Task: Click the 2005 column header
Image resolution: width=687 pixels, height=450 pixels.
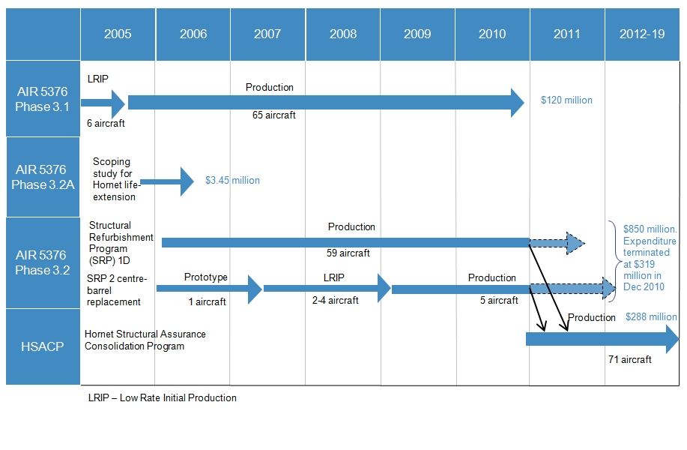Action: pyautogui.click(x=118, y=34)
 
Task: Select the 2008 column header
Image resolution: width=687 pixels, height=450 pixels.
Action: pyautogui.click(x=342, y=34)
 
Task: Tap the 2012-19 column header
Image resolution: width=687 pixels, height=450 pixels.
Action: pyautogui.click(x=642, y=34)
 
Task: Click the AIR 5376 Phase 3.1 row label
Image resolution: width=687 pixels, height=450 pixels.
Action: pyautogui.click(x=42, y=99)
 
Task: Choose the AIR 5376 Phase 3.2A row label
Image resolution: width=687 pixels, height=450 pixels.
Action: pyautogui.click(x=42, y=177)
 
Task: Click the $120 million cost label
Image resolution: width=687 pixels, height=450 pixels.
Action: pyautogui.click(x=566, y=100)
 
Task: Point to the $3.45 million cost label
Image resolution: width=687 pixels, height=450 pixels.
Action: pyautogui.click(x=232, y=181)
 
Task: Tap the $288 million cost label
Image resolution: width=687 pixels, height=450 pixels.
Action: pyautogui.click(x=651, y=316)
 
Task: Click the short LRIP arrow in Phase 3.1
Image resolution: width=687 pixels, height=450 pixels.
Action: pyautogui.click(x=103, y=103)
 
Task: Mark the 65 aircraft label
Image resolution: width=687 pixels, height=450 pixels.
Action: pyautogui.click(x=273, y=115)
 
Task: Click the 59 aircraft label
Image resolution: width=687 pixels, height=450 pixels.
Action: pyautogui.click(x=348, y=253)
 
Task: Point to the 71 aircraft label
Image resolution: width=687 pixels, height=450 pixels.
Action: pyautogui.click(x=629, y=359)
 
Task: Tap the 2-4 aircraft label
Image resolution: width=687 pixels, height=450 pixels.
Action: pyautogui.click(x=335, y=301)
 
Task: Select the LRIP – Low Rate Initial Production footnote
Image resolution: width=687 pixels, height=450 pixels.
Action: pyautogui.click(x=162, y=397)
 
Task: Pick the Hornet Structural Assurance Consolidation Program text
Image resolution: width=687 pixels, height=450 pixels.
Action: pyautogui.click(x=145, y=340)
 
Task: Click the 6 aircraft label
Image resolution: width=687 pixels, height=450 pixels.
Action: pyautogui.click(x=105, y=124)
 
